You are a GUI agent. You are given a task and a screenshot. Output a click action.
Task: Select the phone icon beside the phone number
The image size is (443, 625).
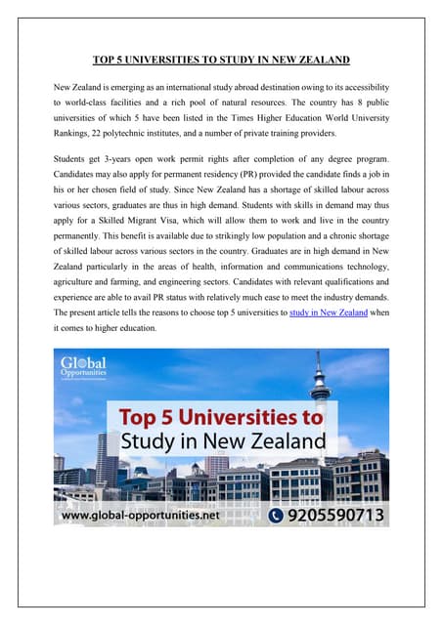click(x=278, y=515)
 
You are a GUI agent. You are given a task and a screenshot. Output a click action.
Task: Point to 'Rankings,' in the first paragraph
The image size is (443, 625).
click(x=74, y=133)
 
